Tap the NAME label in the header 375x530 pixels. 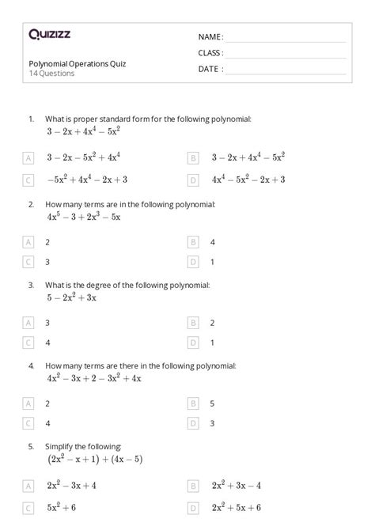click(210, 37)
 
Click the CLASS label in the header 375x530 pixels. click(210, 53)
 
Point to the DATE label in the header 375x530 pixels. click(210, 69)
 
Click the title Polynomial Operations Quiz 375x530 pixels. click(77, 63)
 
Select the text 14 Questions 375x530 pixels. click(51, 74)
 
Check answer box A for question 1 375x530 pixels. click(29, 158)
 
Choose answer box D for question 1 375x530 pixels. click(193, 180)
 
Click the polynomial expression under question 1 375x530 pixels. click(83, 131)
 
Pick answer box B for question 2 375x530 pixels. click(193, 242)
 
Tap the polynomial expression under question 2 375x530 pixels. click(83, 216)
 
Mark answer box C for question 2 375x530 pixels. click(29, 261)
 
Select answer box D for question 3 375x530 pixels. click(193, 343)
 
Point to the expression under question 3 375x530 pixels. click(71, 298)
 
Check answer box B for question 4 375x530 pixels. click(193, 403)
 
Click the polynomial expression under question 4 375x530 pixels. click(93, 378)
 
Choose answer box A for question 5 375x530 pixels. click(29, 486)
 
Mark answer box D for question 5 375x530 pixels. click(193, 508)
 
